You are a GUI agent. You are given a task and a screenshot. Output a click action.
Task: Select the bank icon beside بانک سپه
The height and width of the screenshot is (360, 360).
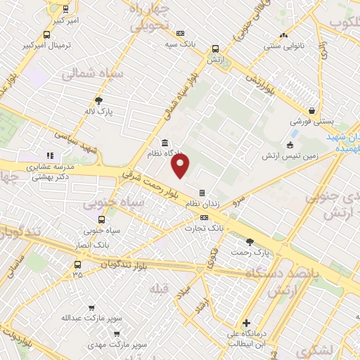pos(181,33)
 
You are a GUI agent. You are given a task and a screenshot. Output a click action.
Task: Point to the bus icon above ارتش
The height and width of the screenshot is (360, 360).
pos(214,49)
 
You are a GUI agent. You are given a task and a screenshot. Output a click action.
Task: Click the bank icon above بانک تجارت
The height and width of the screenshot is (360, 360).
pos(204,217)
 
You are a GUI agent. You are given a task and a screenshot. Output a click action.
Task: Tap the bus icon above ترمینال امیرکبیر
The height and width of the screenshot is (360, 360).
pos(46,34)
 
